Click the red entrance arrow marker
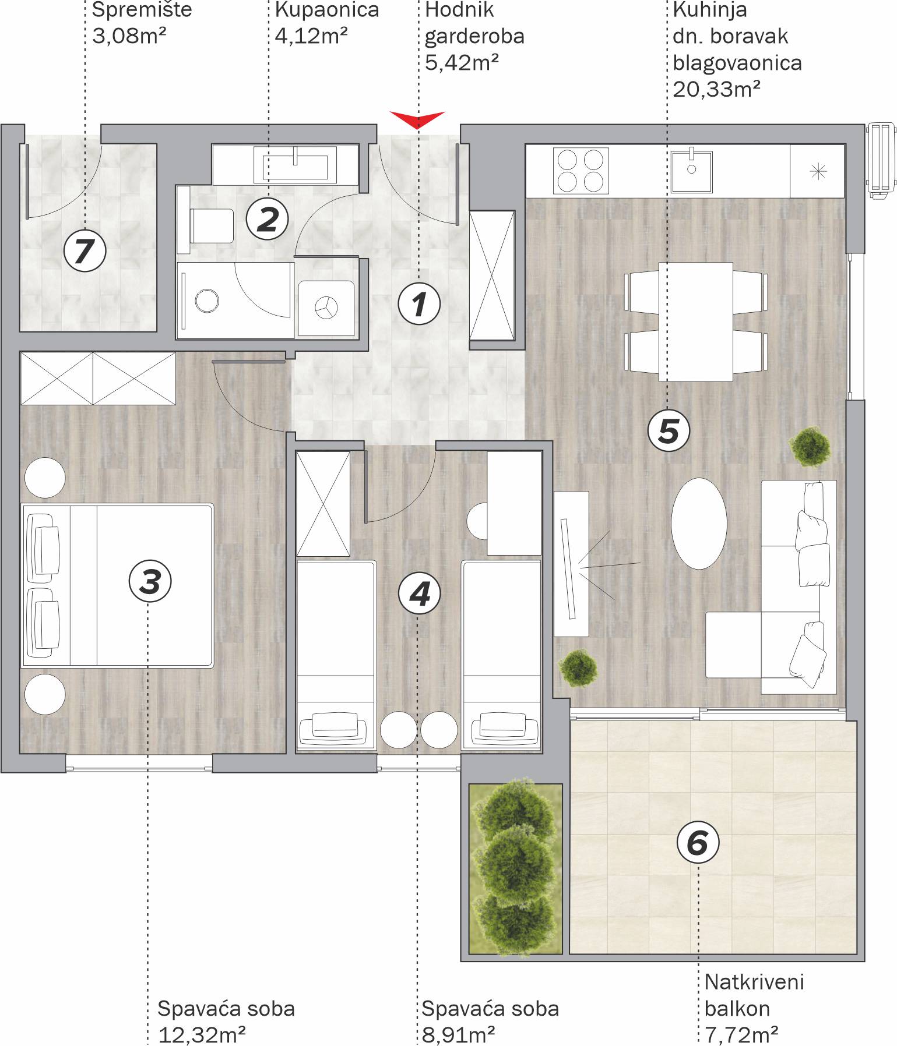(x=417, y=119)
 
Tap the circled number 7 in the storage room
(x=85, y=251)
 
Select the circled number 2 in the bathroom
(x=268, y=220)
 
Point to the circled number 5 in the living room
(x=669, y=431)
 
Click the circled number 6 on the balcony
(x=698, y=842)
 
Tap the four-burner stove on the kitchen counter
(x=581, y=171)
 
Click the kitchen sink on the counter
(x=691, y=171)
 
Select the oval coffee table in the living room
(x=699, y=523)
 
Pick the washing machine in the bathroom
(x=326, y=308)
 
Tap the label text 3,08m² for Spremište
(x=129, y=36)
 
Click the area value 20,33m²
(x=716, y=89)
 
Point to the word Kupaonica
(x=327, y=10)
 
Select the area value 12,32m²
(x=202, y=1034)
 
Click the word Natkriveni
(x=754, y=982)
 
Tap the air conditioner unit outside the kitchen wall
(x=881, y=161)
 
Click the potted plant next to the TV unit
(x=578, y=667)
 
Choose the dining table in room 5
(x=696, y=321)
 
